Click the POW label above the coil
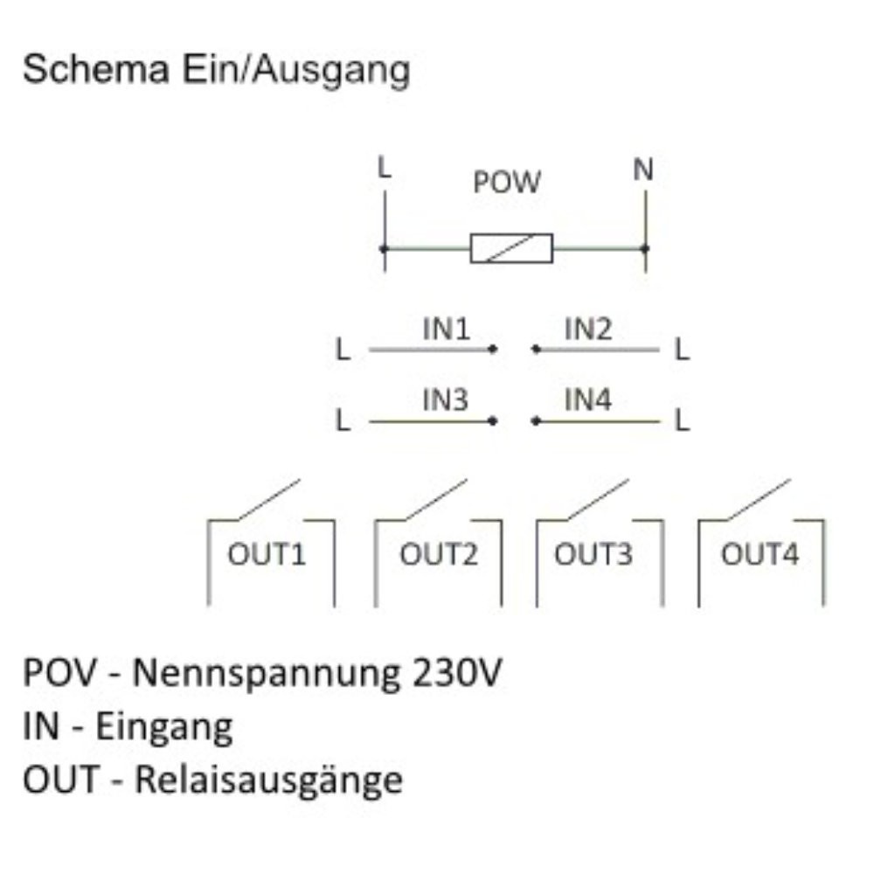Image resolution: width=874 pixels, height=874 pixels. click(x=507, y=183)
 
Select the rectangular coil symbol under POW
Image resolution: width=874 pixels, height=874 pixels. click(x=511, y=248)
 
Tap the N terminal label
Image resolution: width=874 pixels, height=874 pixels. click(x=643, y=170)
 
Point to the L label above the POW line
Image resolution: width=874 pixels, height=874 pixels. click(x=384, y=168)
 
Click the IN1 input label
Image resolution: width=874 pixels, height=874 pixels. click(x=447, y=329)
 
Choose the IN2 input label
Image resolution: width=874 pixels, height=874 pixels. click(x=588, y=329)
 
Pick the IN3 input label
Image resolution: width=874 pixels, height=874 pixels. click(x=446, y=400)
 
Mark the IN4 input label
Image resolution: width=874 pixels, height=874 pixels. click(x=588, y=400)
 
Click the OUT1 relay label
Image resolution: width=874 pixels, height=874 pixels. click(x=267, y=555)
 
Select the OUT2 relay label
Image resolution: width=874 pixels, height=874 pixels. click(x=439, y=555)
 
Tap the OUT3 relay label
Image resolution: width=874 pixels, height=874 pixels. click(x=593, y=555)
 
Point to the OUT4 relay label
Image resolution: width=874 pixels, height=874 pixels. click(x=760, y=555)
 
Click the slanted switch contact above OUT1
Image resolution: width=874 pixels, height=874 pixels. click(x=267, y=499)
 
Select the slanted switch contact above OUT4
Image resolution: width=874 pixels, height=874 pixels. click(x=759, y=499)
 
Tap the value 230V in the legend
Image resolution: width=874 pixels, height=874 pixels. click(x=455, y=674)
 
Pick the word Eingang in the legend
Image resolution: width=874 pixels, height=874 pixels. click(x=164, y=727)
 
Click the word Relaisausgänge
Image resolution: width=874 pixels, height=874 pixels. click(x=268, y=780)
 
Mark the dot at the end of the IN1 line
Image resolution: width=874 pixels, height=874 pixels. click(x=493, y=350)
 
